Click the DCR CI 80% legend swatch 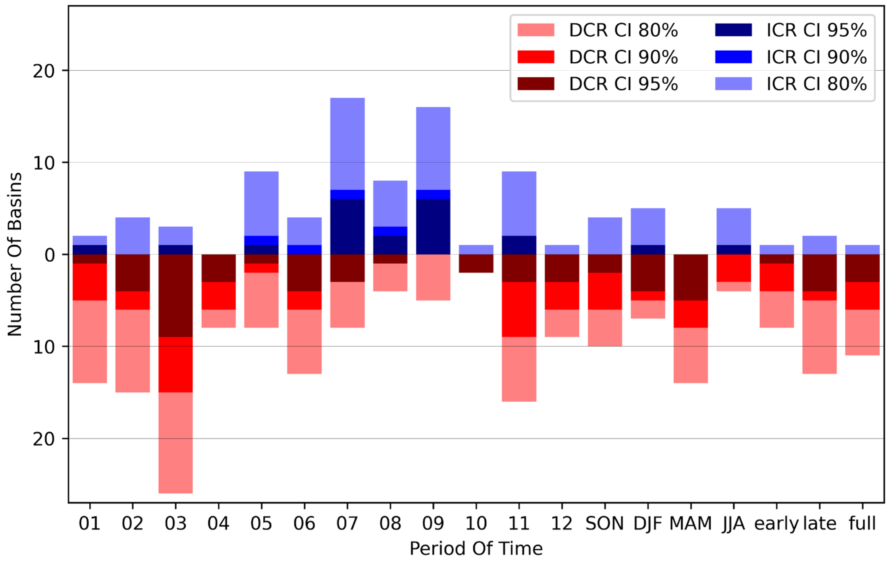535,30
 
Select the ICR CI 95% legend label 816,30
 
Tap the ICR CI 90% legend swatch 733,57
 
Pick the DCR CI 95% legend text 623,84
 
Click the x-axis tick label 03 176,523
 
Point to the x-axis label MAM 690,523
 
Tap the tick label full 862,523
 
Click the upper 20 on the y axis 44,71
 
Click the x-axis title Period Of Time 476,548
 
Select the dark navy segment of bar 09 433,226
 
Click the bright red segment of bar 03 176,364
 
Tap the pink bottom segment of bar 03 176,443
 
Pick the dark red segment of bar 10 476,263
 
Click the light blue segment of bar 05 261,203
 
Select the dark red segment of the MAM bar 690,277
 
